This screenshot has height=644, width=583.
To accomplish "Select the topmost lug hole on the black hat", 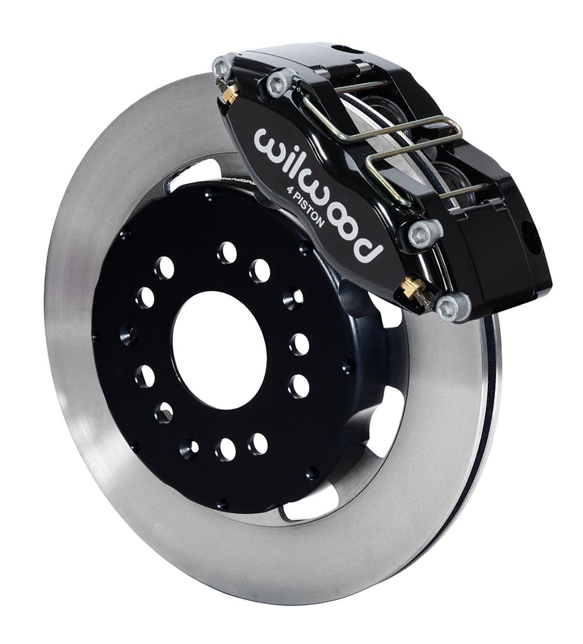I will (227, 253).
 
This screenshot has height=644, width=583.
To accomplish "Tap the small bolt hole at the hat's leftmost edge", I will (97, 337).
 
